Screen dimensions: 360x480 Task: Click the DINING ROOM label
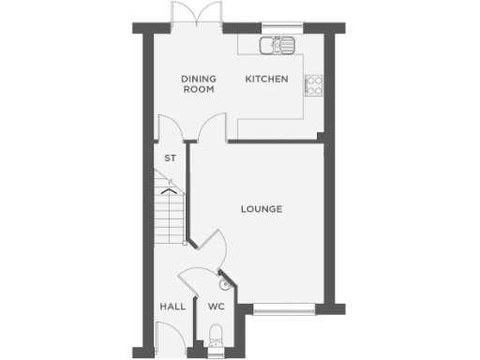198,84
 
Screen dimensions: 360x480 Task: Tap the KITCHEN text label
266,80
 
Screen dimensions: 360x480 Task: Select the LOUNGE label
262,208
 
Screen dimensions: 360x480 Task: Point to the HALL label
172,307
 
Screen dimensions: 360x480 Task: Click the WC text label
216,307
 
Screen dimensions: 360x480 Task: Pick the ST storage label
170,158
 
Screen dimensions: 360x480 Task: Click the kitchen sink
278,43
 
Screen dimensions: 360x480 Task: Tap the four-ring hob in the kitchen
314,85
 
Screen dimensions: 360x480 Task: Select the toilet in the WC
217,335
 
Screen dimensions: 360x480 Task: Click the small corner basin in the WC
225,282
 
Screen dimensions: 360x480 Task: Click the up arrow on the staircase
169,191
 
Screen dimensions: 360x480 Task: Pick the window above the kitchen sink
277,27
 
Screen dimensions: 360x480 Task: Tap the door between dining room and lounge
211,127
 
